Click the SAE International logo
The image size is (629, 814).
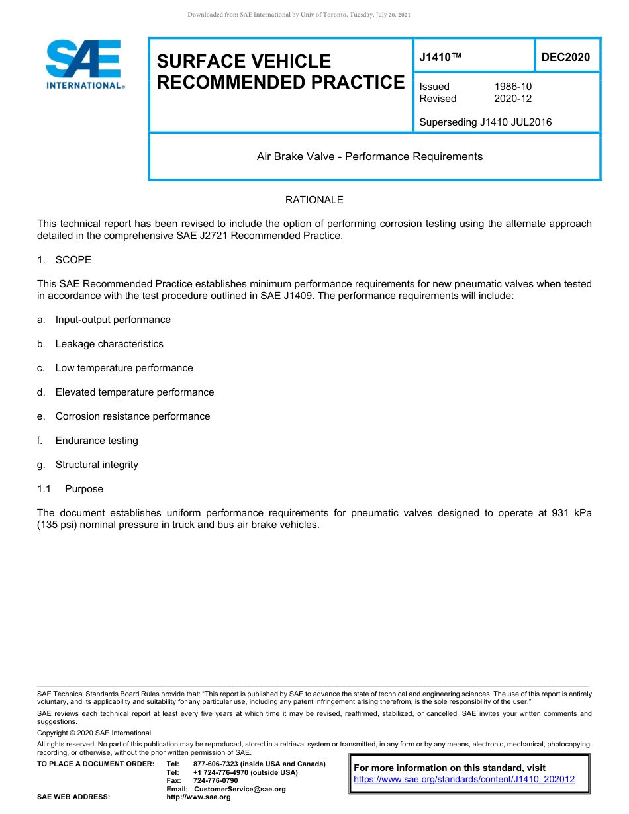pyautogui.click(x=83, y=64)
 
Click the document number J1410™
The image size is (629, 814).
pyautogui.click(x=440, y=58)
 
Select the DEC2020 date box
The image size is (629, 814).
pyautogui.click(x=565, y=57)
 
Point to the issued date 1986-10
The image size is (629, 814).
pyautogui.click(x=512, y=87)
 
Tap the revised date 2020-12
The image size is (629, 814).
pyautogui.click(x=512, y=99)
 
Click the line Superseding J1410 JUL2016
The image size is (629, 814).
pyautogui.click(x=485, y=122)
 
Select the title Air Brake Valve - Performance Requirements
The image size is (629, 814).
pyautogui.click(x=369, y=157)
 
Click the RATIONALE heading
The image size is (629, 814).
pyautogui.click(x=314, y=200)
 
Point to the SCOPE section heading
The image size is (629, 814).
pyautogui.click(x=73, y=260)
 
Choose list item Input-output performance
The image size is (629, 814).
pyautogui.click(x=113, y=320)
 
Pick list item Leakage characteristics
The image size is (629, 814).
pyautogui.click(x=109, y=344)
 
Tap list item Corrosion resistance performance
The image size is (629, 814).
pyautogui.click(x=132, y=416)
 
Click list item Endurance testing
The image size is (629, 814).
pyautogui.click(x=97, y=441)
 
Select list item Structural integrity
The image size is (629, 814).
pyautogui.click(x=97, y=465)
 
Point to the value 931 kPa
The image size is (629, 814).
pyautogui.click(x=571, y=513)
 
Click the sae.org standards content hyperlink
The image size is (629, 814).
pyautogui.click(x=464, y=780)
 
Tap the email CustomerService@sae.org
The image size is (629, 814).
pyautogui.click(x=240, y=789)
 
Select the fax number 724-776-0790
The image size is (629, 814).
pyautogui.click(x=215, y=781)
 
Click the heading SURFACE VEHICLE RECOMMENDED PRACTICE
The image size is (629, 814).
pyautogui.click(x=280, y=71)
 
